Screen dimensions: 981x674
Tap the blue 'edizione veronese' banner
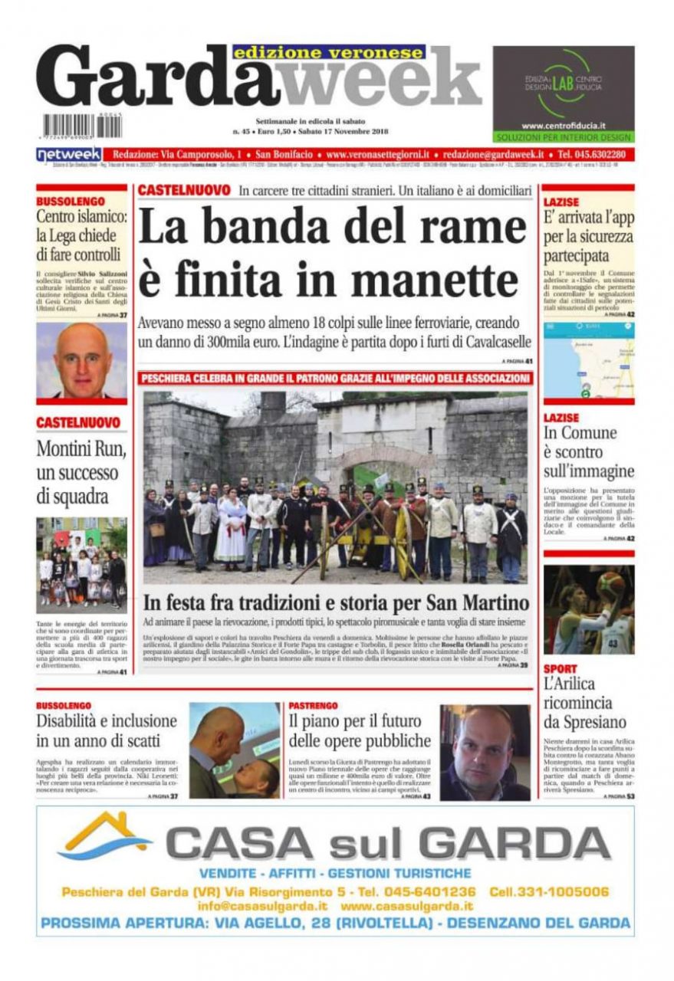[x=329, y=53]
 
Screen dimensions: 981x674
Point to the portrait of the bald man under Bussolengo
[x=81, y=359]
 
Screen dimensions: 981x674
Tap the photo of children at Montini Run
[x=81, y=566]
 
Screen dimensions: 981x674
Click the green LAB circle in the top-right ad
[x=563, y=81]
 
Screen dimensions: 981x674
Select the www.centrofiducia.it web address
[x=564, y=125]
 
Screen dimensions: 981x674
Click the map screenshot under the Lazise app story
[x=589, y=359]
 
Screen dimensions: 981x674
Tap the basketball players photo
[x=589, y=609]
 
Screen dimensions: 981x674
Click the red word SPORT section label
[x=560, y=669]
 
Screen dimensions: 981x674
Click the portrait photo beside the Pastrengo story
[x=485, y=752]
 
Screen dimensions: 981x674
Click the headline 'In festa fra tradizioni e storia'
[x=335, y=602]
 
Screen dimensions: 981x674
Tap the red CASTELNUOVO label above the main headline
[x=184, y=189]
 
